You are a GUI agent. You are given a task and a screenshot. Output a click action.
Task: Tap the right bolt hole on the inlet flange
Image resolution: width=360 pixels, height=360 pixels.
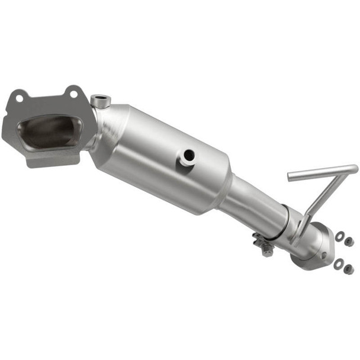(73, 92)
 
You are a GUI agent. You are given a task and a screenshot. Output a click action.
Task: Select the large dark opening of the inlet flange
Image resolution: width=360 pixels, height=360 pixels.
(50, 131)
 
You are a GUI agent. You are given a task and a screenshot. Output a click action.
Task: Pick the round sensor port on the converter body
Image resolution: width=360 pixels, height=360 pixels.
(188, 156)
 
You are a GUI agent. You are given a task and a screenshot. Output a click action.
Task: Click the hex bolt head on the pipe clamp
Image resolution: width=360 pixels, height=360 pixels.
(267, 251)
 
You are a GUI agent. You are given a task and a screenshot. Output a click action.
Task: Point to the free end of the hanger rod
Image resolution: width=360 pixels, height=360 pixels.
(291, 176)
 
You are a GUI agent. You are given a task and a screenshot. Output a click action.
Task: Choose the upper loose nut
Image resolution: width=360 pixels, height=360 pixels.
(349, 242)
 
